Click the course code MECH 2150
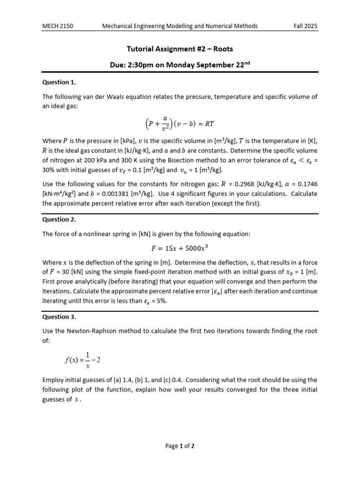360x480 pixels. (58, 26)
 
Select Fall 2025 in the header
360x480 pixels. (306, 26)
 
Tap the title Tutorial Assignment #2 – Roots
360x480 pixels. (180, 48)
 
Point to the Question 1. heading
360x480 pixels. (59, 82)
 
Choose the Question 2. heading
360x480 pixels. (59, 219)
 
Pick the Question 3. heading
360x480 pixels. (59, 316)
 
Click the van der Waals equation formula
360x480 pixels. (180, 124)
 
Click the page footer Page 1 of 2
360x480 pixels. (180, 446)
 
